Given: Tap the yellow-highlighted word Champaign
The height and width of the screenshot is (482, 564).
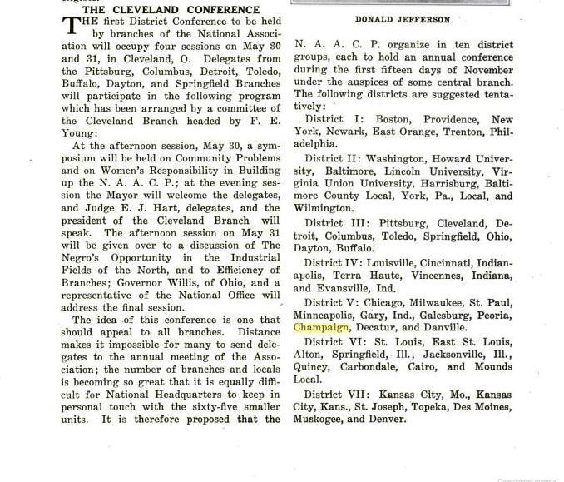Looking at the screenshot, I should [321, 327].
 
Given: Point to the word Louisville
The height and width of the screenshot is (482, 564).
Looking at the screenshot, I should [403, 262].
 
